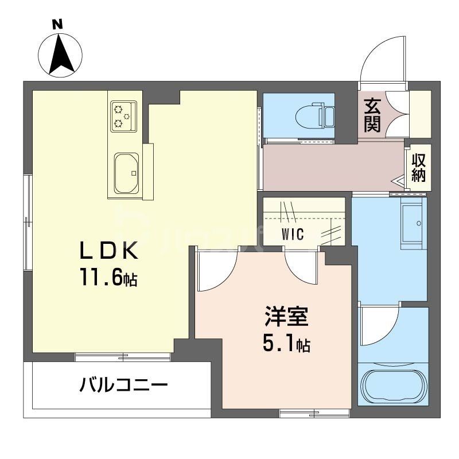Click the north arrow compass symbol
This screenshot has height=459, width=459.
pos(60,55)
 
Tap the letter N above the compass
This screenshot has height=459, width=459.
pos(57,24)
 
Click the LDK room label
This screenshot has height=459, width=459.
pos(108,251)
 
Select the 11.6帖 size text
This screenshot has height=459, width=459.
pos(108,278)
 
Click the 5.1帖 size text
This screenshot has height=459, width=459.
pos(287,344)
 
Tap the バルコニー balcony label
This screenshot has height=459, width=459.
pos(124,384)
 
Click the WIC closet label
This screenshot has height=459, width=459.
pos(293,234)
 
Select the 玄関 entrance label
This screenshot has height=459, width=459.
pos(372,116)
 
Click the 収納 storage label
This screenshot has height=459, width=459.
pos(419,168)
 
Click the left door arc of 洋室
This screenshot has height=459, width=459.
pos(217,270)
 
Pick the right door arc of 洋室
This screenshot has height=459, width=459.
pos(299,266)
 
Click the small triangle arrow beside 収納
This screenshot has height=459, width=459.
pos(398,182)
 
